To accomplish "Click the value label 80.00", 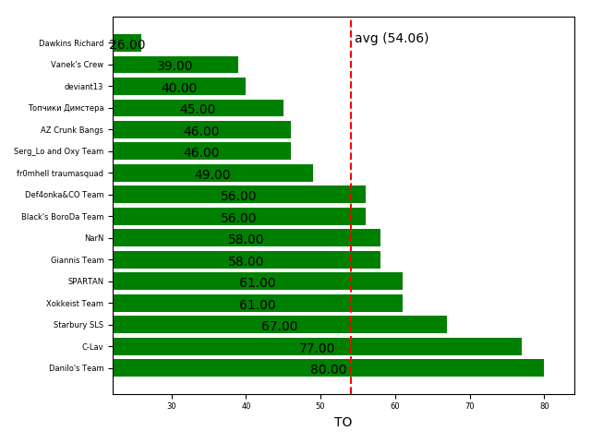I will pos(328,370).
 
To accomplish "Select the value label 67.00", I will pos(279,327).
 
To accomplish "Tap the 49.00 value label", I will pos(211,175).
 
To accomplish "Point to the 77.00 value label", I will pos(317,349).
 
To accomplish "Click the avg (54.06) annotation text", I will pos(392,39).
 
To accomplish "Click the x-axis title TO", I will pos(343,423).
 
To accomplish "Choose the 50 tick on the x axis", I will pos(320,406).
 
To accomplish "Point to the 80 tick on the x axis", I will pos(544,406).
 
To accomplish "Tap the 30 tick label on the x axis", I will pos(172,406).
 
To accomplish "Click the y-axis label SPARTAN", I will pos(86,281).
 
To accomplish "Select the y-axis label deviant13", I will pos(84,87).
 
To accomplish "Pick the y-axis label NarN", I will pos(94,238).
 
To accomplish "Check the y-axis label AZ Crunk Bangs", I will pos(72,130).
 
